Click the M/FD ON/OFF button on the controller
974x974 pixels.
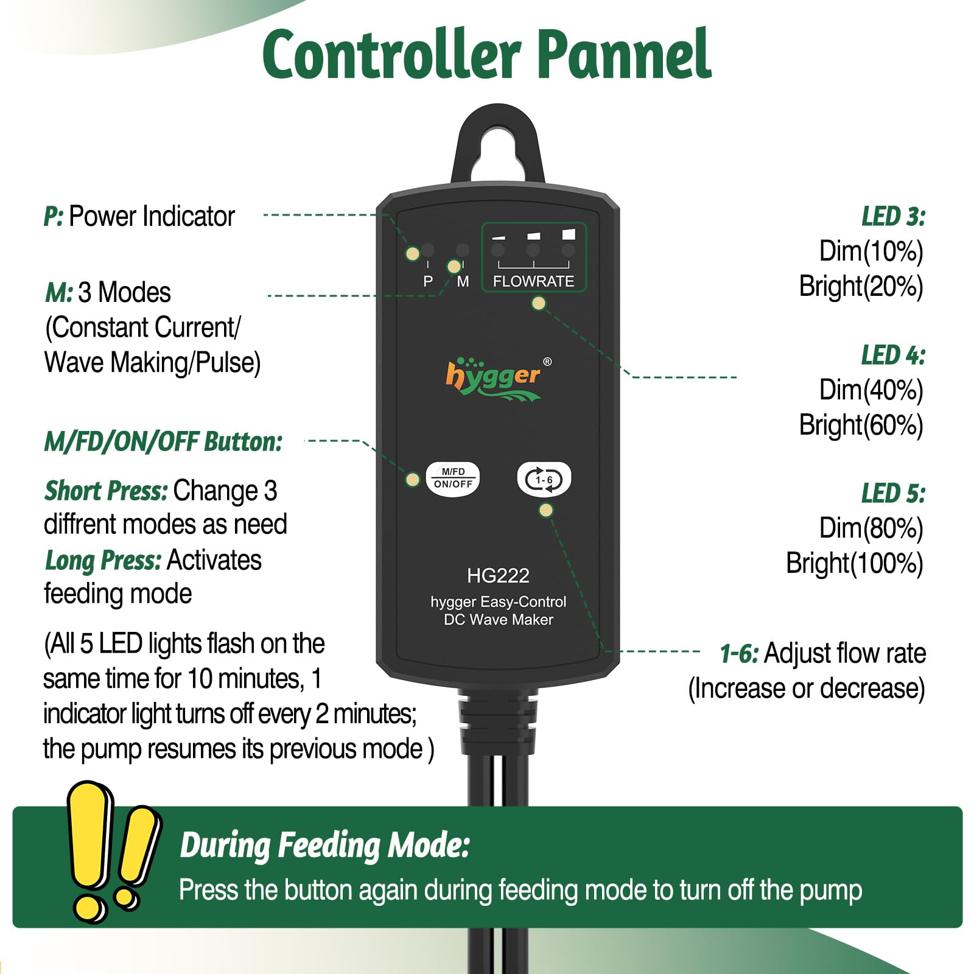(453, 478)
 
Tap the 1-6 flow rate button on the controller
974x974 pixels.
(544, 479)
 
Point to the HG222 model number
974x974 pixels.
(498, 575)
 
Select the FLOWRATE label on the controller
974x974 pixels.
(533, 281)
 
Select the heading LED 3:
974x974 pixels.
(893, 217)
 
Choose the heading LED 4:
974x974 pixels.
(893, 356)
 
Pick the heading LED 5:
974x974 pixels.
(893, 494)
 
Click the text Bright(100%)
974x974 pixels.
(855, 564)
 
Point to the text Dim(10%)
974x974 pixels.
(871, 251)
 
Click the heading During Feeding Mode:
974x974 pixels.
(325, 846)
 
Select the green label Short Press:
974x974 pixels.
(106, 491)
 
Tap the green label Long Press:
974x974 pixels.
(103, 561)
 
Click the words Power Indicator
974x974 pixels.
(152, 217)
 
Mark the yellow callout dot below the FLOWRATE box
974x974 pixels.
(539, 303)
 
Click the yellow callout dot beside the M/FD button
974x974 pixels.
(413, 480)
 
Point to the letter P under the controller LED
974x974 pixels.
(428, 281)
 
